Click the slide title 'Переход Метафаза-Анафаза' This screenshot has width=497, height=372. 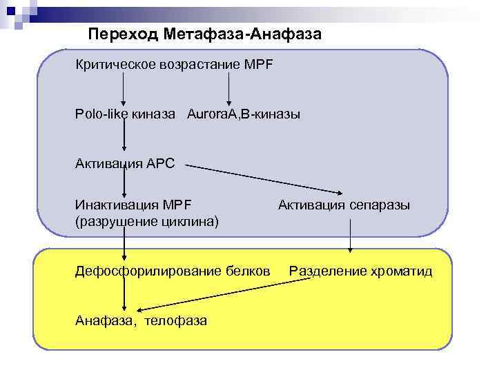pyautogui.click(x=205, y=33)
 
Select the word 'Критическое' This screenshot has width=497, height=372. pyautogui.click(x=117, y=64)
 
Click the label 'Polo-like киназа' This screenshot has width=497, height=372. pyautogui.click(x=126, y=112)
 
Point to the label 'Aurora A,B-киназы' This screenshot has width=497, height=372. pyautogui.click(x=243, y=112)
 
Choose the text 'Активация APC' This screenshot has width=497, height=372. pyautogui.click(x=125, y=163)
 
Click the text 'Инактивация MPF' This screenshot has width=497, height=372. pyautogui.click(x=133, y=205)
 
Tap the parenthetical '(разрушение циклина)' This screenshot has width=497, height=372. pyautogui.click(x=147, y=221)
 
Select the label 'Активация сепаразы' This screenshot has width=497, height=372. pyautogui.click(x=344, y=205)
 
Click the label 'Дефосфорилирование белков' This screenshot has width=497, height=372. pyautogui.click(x=173, y=271)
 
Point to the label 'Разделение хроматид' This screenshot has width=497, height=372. pyautogui.click(x=360, y=271)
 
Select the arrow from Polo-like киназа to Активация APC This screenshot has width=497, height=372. pyautogui.click(x=124, y=138)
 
